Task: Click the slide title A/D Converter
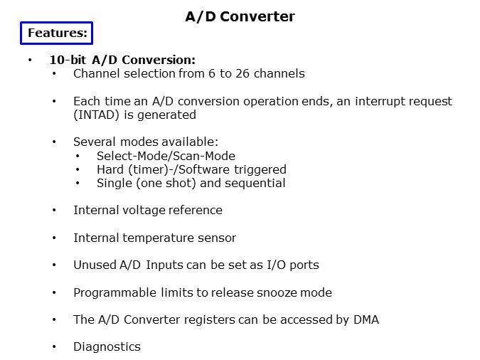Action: [240, 16]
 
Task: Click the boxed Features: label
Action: [57, 33]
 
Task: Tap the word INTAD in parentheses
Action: [97, 115]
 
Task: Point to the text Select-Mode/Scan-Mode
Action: [166, 156]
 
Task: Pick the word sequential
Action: [255, 184]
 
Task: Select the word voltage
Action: [144, 211]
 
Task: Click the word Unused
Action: [95, 265]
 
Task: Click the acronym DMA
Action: [366, 320]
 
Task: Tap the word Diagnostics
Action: [107, 346]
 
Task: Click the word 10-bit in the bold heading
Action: [68, 60]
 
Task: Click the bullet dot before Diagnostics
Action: [54, 346]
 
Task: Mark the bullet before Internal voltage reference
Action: [54, 210]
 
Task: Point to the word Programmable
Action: [114, 293]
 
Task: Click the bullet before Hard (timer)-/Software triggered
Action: [78, 169]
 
